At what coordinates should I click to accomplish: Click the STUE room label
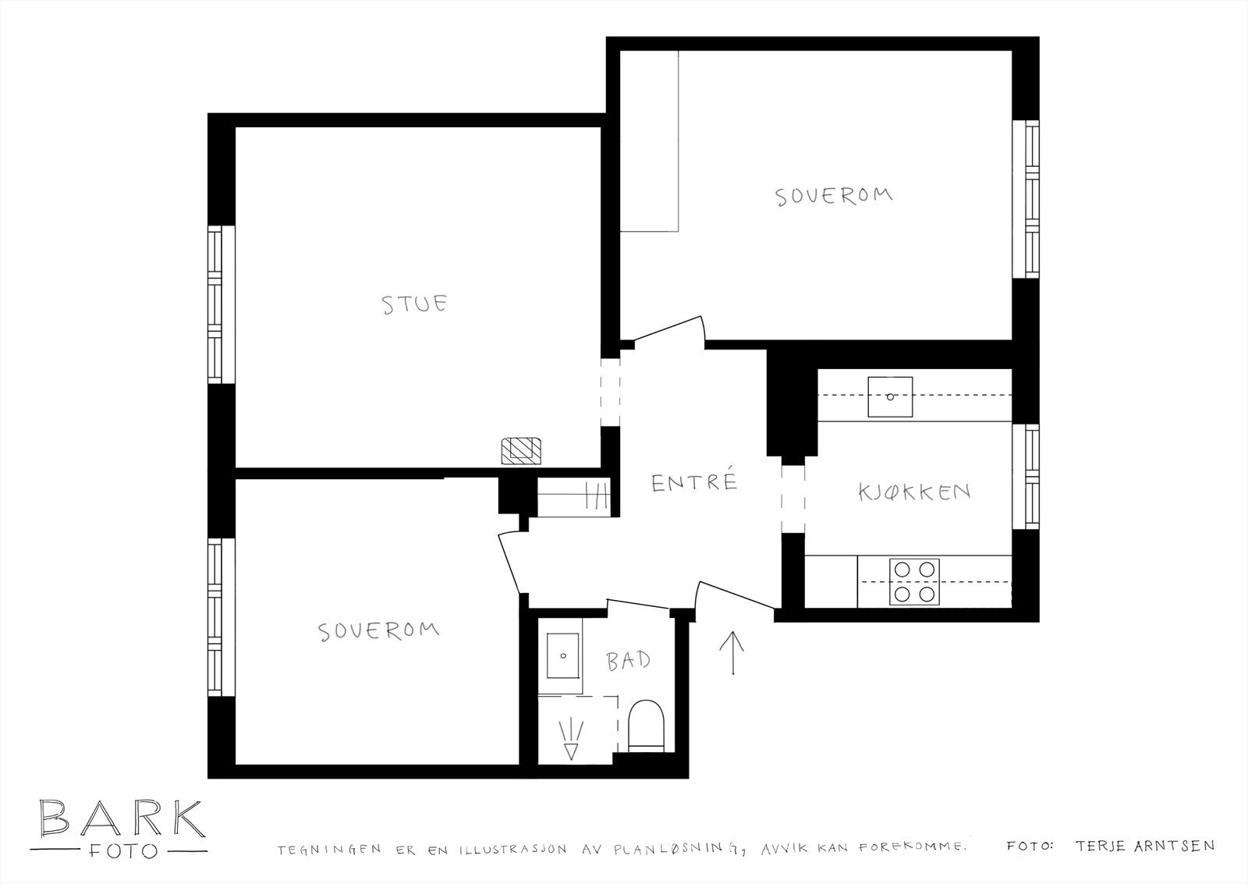pyautogui.click(x=414, y=304)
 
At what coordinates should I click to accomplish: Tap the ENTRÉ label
pyautogui.click(x=695, y=482)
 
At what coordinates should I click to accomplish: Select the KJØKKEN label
pyautogui.click(x=915, y=492)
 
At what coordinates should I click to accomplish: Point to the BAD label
pyautogui.click(x=629, y=661)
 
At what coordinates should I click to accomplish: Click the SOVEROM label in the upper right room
pyautogui.click(x=834, y=196)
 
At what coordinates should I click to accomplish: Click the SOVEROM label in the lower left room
pyautogui.click(x=379, y=631)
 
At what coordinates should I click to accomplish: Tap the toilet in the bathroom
pyautogui.click(x=647, y=725)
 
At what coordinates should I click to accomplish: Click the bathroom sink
pyautogui.click(x=562, y=655)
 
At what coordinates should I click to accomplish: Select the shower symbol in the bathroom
pyautogui.click(x=571, y=740)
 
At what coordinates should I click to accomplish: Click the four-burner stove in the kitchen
pyautogui.click(x=914, y=582)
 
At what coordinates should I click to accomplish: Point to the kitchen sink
pyautogui.click(x=890, y=397)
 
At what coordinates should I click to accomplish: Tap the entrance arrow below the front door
pyautogui.click(x=732, y=653)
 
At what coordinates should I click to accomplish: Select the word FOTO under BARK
pyautogui.click(x=123, y=851)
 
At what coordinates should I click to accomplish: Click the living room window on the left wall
pyautogui.click(x=222, y=304)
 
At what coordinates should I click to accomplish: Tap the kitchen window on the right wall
pyautogui.click(x=1026, y=477)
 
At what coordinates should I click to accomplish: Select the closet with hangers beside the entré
pyautogui.click(x=574, y=497)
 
